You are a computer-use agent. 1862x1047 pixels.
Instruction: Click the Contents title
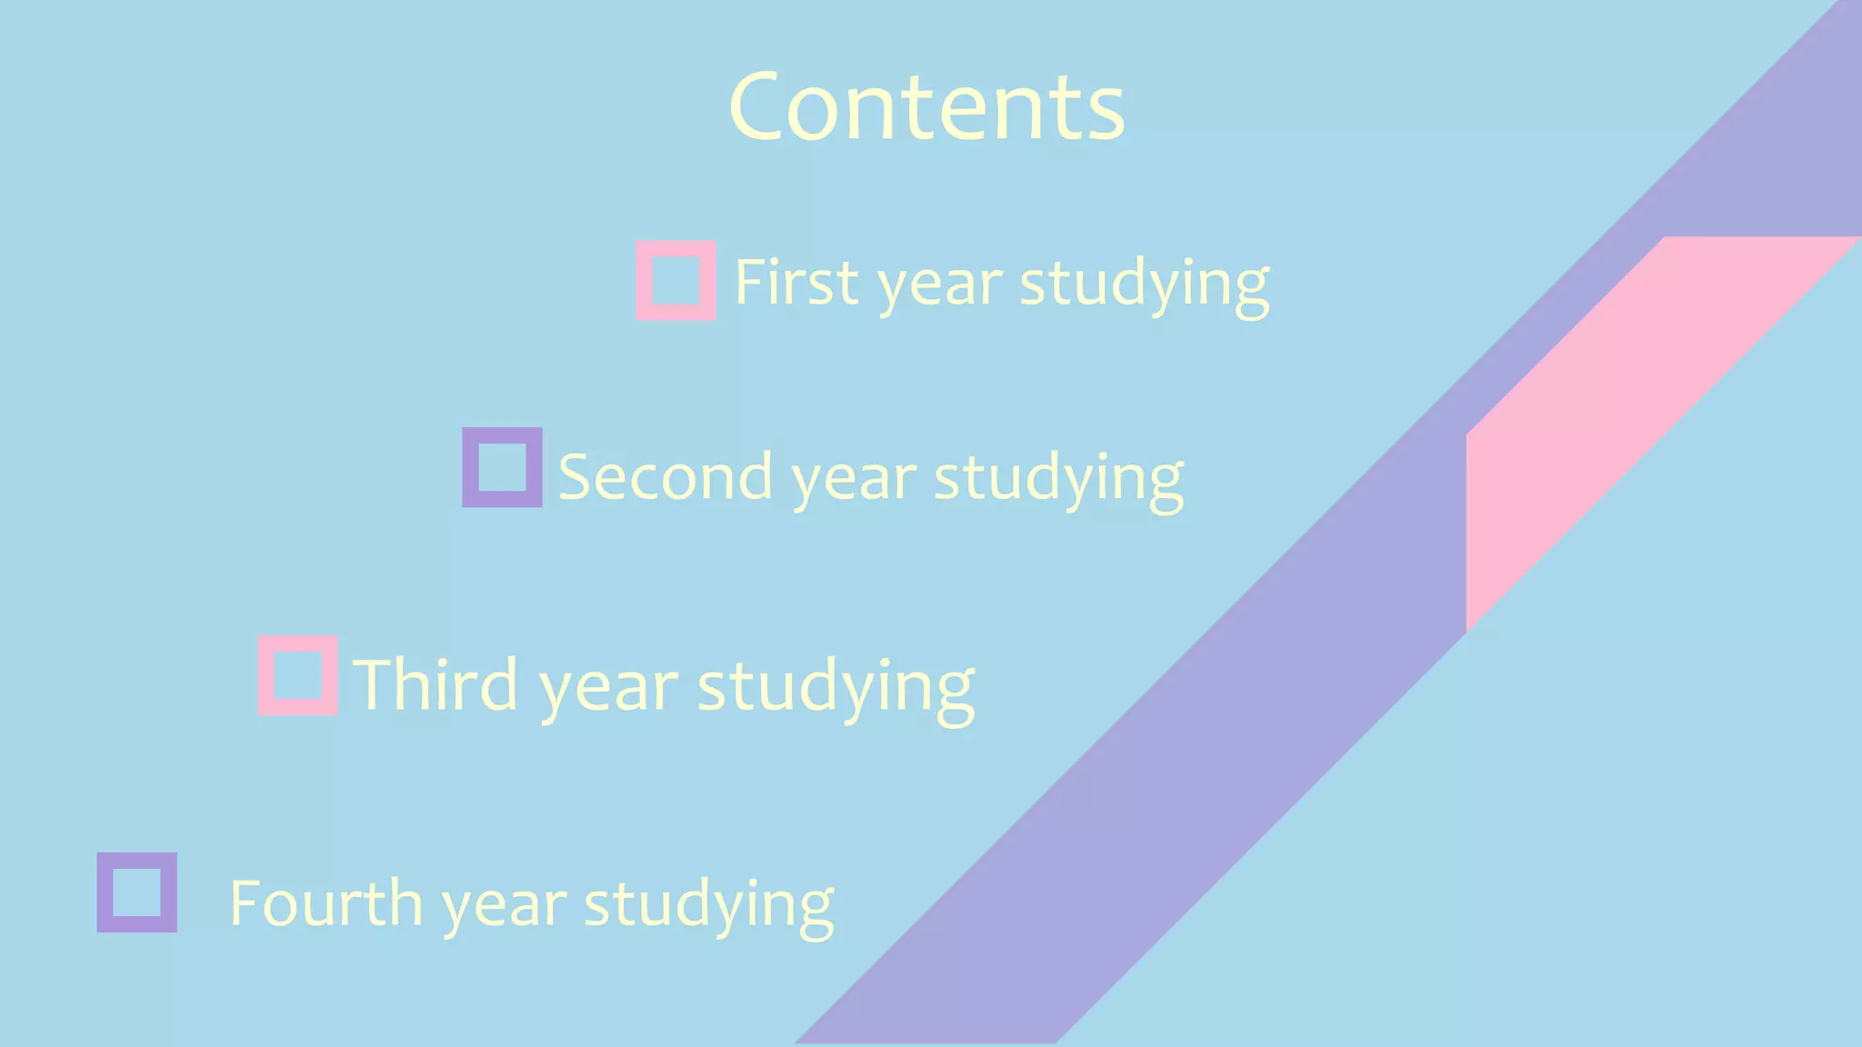pyautogui.click(x=926, y=107)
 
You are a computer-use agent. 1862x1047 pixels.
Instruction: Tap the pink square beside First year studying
pyautogui.click(x=676, y=280)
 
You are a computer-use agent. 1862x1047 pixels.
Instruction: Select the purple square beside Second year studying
pyautogui.click(x=502, y=467)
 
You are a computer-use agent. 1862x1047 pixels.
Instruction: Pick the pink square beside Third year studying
pyautogui.click(x=298, y=675)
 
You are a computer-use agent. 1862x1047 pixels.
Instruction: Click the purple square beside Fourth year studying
pyautogui.click(x=137, y=892)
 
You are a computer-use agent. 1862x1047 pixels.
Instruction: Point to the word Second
pyautogui.click(x=665, y=476)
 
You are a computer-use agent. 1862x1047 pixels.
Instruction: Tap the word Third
pyautogui.click(x=435, y=684)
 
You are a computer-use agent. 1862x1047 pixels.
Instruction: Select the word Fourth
pyautogui.click(x=325, y=903)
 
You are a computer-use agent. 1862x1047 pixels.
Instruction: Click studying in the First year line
pyautogui.click(x=1144, y=285)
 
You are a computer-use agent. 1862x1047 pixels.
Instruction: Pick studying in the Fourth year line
pyautogui.click(x=708, y=907)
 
